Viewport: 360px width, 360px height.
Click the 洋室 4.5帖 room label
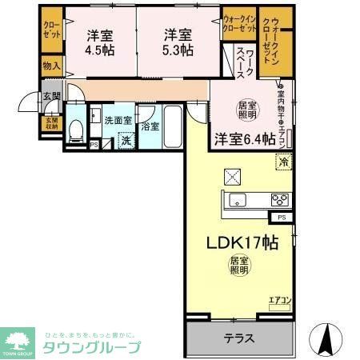point(100,42)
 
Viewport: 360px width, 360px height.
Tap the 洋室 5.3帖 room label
point(178,42)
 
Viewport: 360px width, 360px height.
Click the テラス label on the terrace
point(239,337)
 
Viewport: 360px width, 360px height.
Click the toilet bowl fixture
point(74,130)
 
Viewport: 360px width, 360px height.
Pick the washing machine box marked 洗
point(126,141)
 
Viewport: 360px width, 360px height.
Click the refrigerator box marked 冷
point(284,162)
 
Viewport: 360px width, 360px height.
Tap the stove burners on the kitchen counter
point(279,200)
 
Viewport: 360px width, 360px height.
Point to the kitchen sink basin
point(238,200)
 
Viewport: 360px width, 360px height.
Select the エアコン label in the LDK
point(278,300)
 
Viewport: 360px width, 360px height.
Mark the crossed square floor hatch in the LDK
point(232,174)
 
